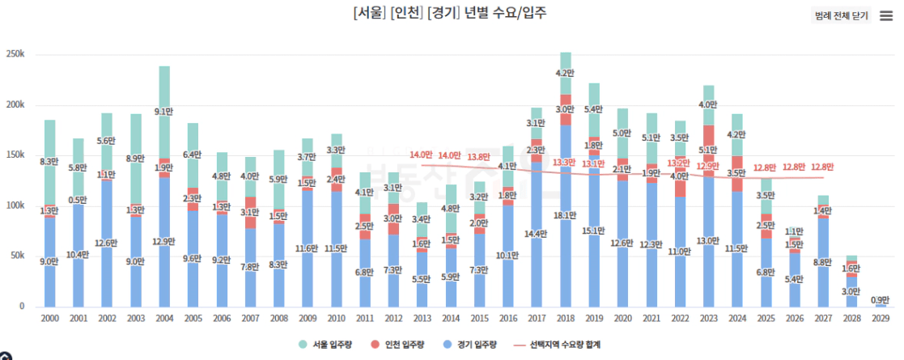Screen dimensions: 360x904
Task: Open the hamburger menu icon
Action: [885, 15]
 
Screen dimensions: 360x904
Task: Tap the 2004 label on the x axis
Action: [164, 320]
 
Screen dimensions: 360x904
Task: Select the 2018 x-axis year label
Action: [565, 320]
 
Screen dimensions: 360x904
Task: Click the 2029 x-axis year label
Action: [881, 320]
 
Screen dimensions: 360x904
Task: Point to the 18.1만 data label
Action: [566, 216]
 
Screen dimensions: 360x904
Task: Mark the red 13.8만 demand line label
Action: [480, 156]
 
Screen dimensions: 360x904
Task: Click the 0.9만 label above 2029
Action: [881, 300]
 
